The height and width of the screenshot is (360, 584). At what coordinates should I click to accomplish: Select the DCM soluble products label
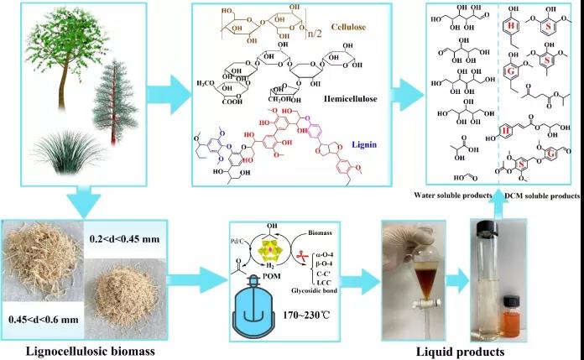pyautogui.click(x=542, y=196)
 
